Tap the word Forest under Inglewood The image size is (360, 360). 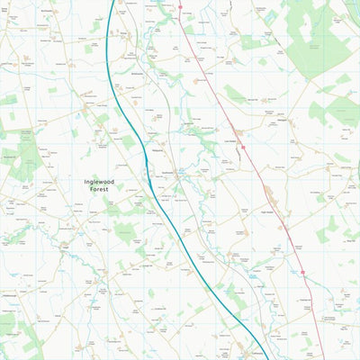(x=99, y=190)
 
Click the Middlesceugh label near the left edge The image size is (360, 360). (x=11, y=207)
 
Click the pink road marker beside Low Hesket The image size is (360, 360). (x=242, y=147)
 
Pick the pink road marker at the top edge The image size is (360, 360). (x=179, y=6)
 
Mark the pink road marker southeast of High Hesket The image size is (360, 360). (x=303, y=272)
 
